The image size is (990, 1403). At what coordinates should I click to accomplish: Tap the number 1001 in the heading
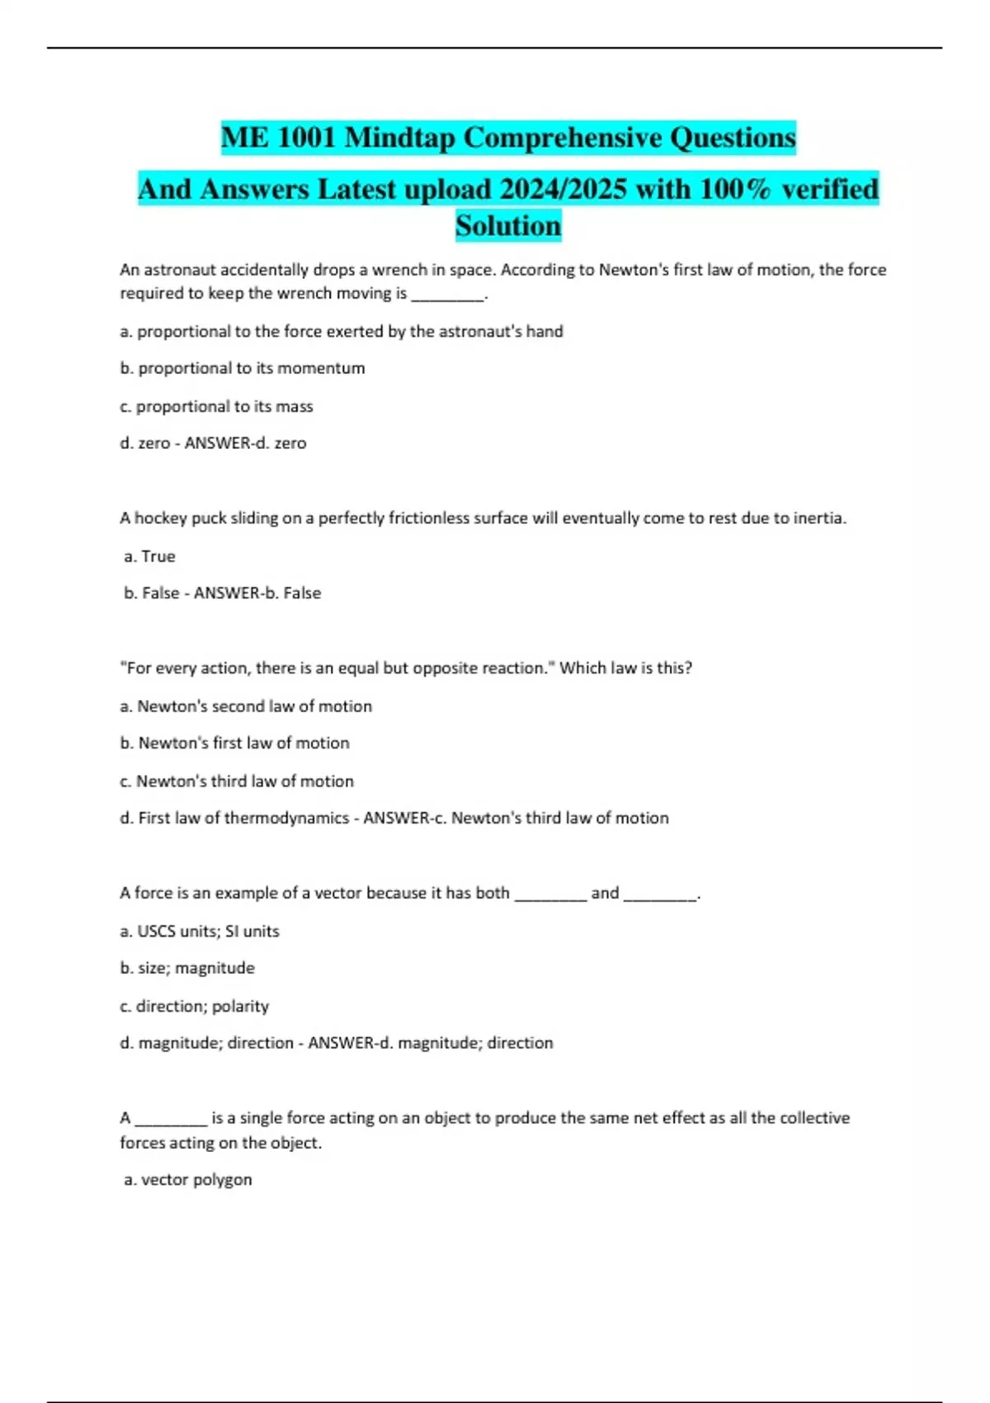tap(306, 138)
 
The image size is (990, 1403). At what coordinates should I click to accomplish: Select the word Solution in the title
tap(508, 225)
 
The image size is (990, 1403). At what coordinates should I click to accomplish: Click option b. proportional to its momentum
tap(243, 368)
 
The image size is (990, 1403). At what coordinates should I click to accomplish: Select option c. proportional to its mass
tap(216, 406)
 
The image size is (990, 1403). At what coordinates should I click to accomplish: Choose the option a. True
tap(149, 556)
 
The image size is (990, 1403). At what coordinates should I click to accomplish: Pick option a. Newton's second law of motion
tap(246, 706)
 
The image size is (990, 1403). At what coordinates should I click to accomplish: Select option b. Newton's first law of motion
tap(234, 743)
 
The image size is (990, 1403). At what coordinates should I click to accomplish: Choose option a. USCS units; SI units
tap(200, 931)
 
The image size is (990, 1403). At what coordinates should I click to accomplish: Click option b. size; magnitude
tap(187, 968)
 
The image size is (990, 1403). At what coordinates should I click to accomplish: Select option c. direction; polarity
tap(195, 1006)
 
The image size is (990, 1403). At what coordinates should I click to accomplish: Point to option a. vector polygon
tap(188, 1180)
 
